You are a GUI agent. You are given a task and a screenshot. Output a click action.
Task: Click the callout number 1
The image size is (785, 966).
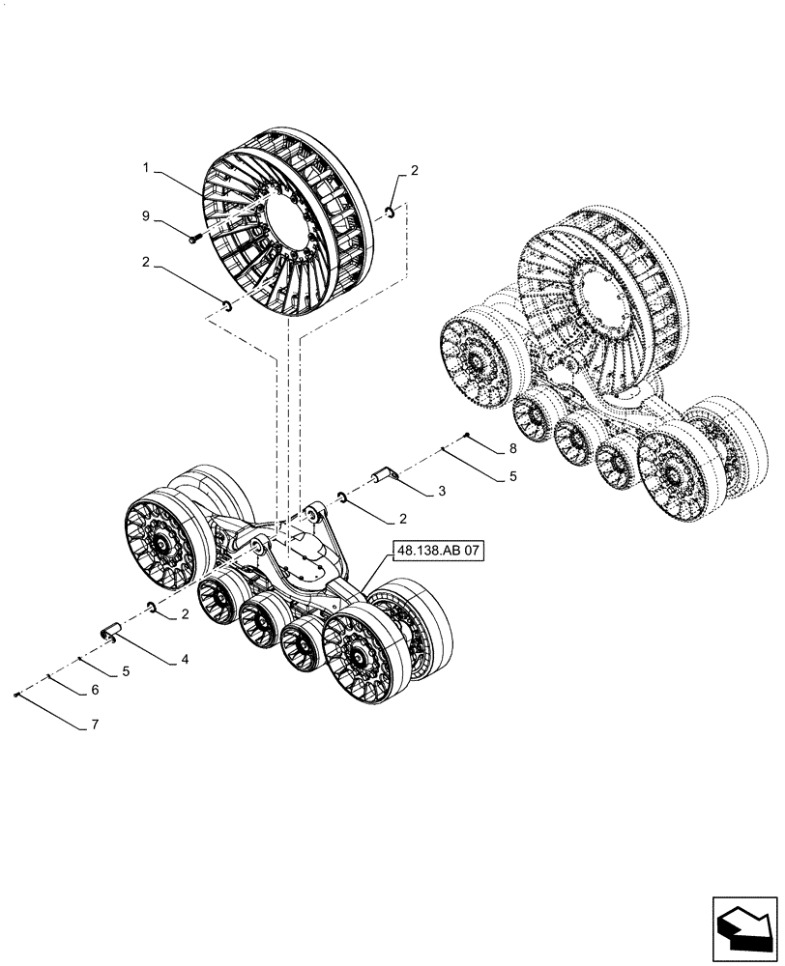tap(145, 168)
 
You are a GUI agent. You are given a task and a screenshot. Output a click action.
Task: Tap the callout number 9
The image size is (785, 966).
tap(145, 217)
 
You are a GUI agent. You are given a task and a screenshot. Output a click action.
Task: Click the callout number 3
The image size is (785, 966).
tap(441, 492)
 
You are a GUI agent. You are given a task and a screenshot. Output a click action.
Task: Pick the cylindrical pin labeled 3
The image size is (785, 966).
tap(385, 475)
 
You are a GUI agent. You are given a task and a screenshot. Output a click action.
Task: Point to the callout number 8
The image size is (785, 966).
tap(513, 449)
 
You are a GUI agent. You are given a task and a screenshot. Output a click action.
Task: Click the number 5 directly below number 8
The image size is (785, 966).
tap(513, 476)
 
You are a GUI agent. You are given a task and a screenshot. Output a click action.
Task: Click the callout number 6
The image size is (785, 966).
tap(94, 691)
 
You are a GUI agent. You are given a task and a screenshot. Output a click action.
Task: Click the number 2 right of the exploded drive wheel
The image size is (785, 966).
tap(415, 171)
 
